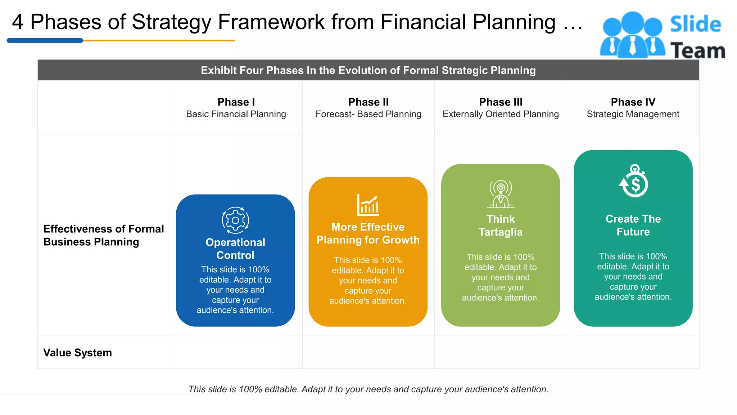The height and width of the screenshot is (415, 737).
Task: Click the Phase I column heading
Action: pyautogui.click(x=236, y=102)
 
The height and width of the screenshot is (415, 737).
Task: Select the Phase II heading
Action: pyautogui.click(x=368, y=102)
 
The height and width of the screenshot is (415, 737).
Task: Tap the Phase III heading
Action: pyautogui.click(x=501, y=102)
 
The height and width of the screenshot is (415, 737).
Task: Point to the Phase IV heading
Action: pyautogui.click(x=633, y=102)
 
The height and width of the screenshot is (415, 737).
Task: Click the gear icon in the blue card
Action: pyautogui.click(x=235, y=220)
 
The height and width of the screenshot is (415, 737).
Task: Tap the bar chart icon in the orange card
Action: pyautogui.click(x=368, y=205)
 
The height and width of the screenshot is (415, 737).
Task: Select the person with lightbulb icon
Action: pyautogui.click(x=501, y=194)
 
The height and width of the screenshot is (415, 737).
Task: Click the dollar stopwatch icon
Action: pyautogui.click(x=634, y=181)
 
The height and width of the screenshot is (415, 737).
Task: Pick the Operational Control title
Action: pyautogui.click(x=235, y=249)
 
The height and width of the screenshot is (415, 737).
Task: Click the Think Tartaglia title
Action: pyautogui.click(x=501, y=226)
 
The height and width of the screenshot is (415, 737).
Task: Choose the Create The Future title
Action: pyautogui.click(x=633, y=225)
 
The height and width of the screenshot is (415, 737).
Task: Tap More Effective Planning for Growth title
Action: pyautogui.click(x=368, y=233)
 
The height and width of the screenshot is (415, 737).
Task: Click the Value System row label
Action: pyautogui.click(x=77, y=352)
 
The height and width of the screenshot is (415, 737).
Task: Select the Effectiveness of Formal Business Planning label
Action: pyautogui.click(x=103, y=235)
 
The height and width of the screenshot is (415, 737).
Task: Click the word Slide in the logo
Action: pyautogui.click(x=695, y=24)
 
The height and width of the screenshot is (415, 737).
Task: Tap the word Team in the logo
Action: pyautogui.click(x=697, y=50)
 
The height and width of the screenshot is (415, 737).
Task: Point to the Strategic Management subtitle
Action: pyautogui.click(x=633, y=114)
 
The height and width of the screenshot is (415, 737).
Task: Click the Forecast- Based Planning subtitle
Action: pyautogui.click(x=368, y=114)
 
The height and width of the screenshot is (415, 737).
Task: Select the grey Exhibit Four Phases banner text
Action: pyautogui.click(x=368, y=70)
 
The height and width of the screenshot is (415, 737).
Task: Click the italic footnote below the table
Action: pyautogui.click(x=368, y=389)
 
